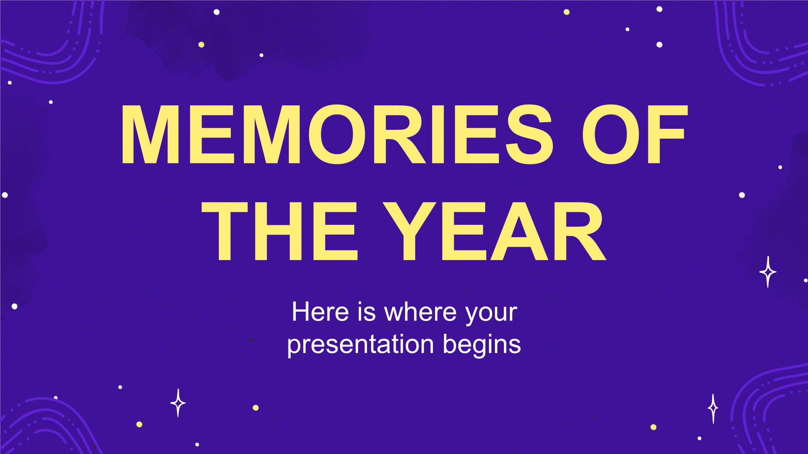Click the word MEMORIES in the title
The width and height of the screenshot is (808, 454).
(332, 134)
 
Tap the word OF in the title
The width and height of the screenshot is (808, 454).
(634, 134)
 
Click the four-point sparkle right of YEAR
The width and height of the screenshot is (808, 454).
(768, 272)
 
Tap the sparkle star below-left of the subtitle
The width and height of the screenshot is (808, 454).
(178, 403)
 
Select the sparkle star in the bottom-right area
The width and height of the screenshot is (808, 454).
(713, 409)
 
